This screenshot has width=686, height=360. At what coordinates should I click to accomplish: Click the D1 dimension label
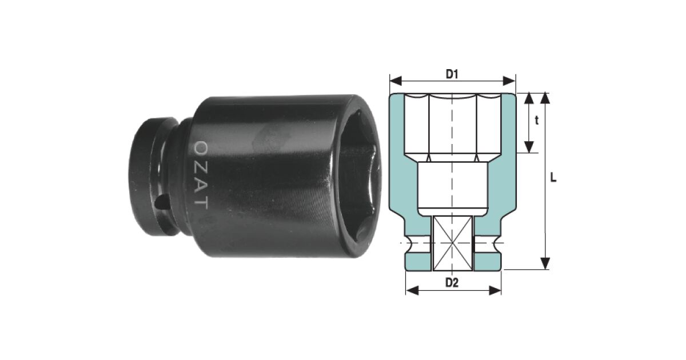tap(452, 74)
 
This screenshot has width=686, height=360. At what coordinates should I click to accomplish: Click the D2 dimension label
tap(452, 283)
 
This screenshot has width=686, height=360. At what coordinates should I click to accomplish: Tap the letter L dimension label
tap(553, 178)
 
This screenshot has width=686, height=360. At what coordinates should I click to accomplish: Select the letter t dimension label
tap(537, 121)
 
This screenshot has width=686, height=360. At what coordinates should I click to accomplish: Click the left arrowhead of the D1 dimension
tap(396, 81)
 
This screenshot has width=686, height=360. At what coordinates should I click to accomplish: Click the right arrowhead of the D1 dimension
tap(509, 81)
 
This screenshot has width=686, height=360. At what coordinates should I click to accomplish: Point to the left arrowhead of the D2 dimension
tap(412, 290)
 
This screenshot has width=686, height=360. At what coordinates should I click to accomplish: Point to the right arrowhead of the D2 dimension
tap(495, 290)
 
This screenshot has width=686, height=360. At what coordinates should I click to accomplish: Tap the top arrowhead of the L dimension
tap(545, 98)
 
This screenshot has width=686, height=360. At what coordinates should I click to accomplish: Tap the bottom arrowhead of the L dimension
tap(545, 263)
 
